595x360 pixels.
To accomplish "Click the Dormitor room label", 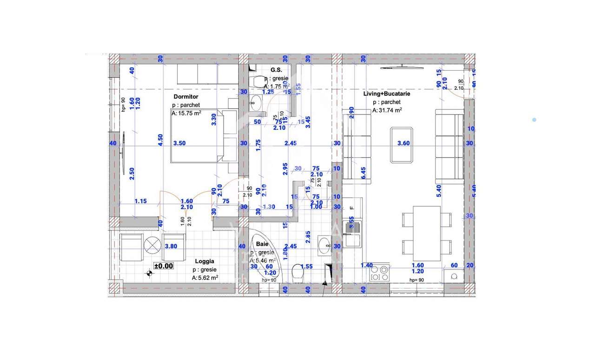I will point(185,97).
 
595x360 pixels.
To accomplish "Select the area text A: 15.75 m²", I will point(186,113).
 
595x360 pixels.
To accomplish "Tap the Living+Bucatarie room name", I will point(387,93).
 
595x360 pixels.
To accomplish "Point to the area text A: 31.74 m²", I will point(387,111).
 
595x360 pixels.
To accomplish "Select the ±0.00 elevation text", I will point(164,266).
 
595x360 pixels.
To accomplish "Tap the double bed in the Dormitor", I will point(198,136).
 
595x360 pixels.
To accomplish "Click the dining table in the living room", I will point(426,233).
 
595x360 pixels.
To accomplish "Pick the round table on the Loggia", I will point(152,244).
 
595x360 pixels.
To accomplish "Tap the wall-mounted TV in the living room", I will point(402,68).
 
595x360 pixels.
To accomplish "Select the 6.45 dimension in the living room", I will point(364,173).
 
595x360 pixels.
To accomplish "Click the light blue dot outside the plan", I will point(534,120).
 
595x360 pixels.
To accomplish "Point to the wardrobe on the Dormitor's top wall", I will point(198,73).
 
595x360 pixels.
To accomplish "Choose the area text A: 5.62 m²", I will point(205,278).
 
